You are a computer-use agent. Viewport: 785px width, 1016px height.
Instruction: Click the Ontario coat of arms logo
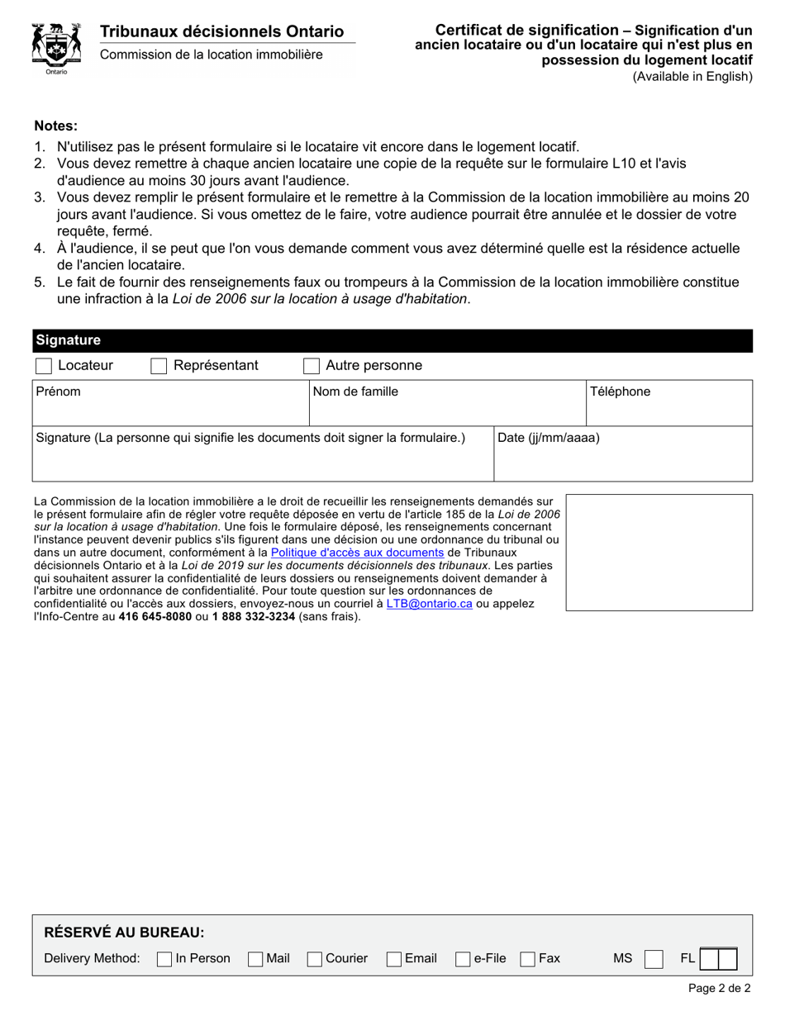coord(56,49)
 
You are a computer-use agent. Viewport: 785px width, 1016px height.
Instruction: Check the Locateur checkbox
coord(43,366)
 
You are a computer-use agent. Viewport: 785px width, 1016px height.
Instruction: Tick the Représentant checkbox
coord(159,366)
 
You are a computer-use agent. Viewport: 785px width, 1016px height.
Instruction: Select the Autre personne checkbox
coord(312,366)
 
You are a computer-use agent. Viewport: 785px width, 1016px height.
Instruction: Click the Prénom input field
coord(169,410)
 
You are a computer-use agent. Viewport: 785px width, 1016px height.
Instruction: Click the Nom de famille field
coord(446,410)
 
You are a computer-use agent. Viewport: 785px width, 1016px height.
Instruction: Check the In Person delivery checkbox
coord(164,959)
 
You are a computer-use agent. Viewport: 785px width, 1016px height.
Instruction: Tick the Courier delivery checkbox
coord(314,959)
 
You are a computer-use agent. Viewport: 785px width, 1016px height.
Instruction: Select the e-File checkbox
coord(463,959)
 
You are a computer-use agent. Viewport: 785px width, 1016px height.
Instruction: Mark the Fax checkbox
coord(527,959)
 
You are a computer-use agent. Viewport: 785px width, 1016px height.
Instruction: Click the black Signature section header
coord(392,340)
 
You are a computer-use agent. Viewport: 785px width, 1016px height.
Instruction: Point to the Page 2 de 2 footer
coord(719,988)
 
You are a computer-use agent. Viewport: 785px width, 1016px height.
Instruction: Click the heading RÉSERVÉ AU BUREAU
coord(124,933)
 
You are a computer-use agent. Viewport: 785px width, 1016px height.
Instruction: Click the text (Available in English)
coord(692,77)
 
